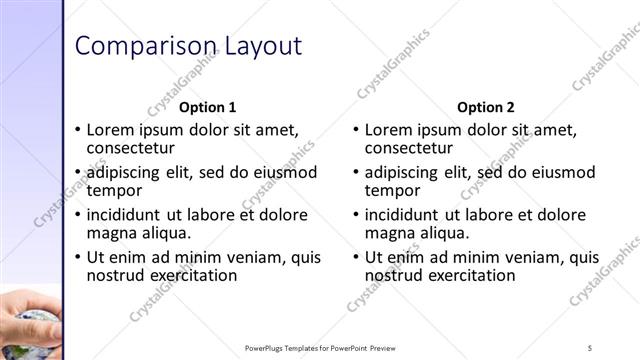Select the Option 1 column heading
pos(207,107)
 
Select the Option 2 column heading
pos(485,107)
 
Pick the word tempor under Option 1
pos(115,190)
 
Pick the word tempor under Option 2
pos(393,190)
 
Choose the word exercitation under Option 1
pos(189,275)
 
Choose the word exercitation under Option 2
pos(467,275)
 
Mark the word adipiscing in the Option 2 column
pos(402,172)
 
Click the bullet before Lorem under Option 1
pos(78,130)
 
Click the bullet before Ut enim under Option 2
pos(356,257)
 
